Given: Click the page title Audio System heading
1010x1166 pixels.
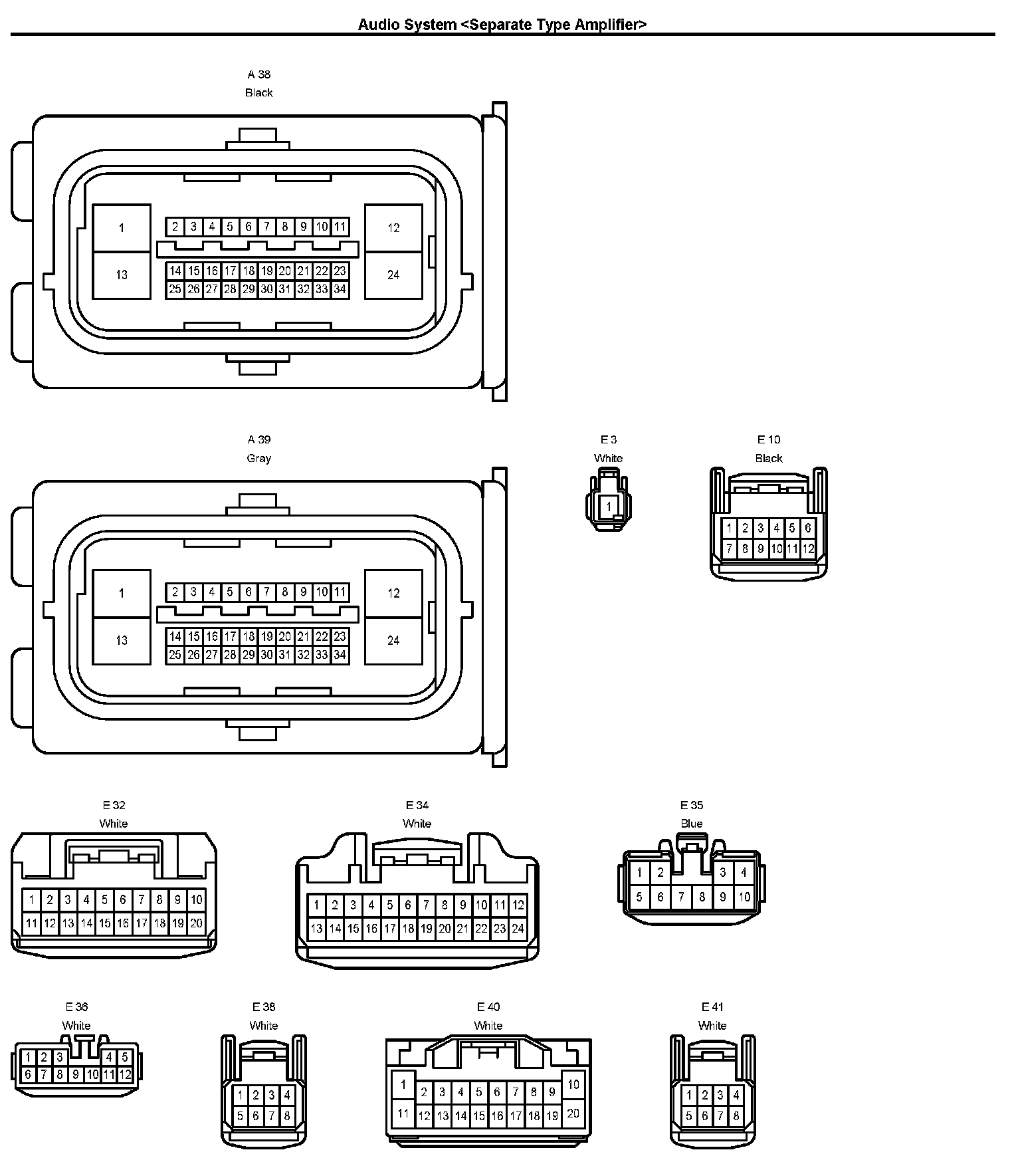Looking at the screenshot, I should (502, 25).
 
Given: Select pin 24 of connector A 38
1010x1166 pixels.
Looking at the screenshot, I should (393, 275).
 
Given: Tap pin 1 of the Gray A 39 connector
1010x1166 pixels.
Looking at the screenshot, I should (122, 593).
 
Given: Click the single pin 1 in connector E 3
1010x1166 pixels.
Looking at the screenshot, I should (609, 507).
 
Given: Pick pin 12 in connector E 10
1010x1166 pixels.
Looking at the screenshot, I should (808, 549).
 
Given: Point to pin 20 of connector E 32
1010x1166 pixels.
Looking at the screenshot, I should (196, 923).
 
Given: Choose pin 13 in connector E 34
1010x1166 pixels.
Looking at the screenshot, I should (317, 929).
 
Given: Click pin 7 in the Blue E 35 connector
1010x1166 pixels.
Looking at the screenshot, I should (681, 897).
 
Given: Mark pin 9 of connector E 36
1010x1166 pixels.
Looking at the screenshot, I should (76, 1074).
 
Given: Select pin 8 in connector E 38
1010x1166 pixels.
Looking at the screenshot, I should (287, 1116).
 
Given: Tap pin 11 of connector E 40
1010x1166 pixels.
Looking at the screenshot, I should (403, 1113).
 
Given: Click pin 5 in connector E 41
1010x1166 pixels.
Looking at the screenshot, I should (689, 1116).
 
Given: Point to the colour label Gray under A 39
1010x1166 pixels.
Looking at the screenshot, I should (258, 458).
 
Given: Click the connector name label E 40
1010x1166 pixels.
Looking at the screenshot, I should (488, 1007).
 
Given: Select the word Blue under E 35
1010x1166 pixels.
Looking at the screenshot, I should (691, 824).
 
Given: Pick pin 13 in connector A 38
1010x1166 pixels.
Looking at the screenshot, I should (122, 275).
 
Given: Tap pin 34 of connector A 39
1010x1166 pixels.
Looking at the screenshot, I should (340, 655).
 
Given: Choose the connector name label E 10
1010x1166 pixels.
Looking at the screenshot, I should (769, 439).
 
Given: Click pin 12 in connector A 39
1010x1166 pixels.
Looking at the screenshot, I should (393, 593).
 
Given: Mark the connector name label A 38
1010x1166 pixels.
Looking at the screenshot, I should (258, 74).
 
